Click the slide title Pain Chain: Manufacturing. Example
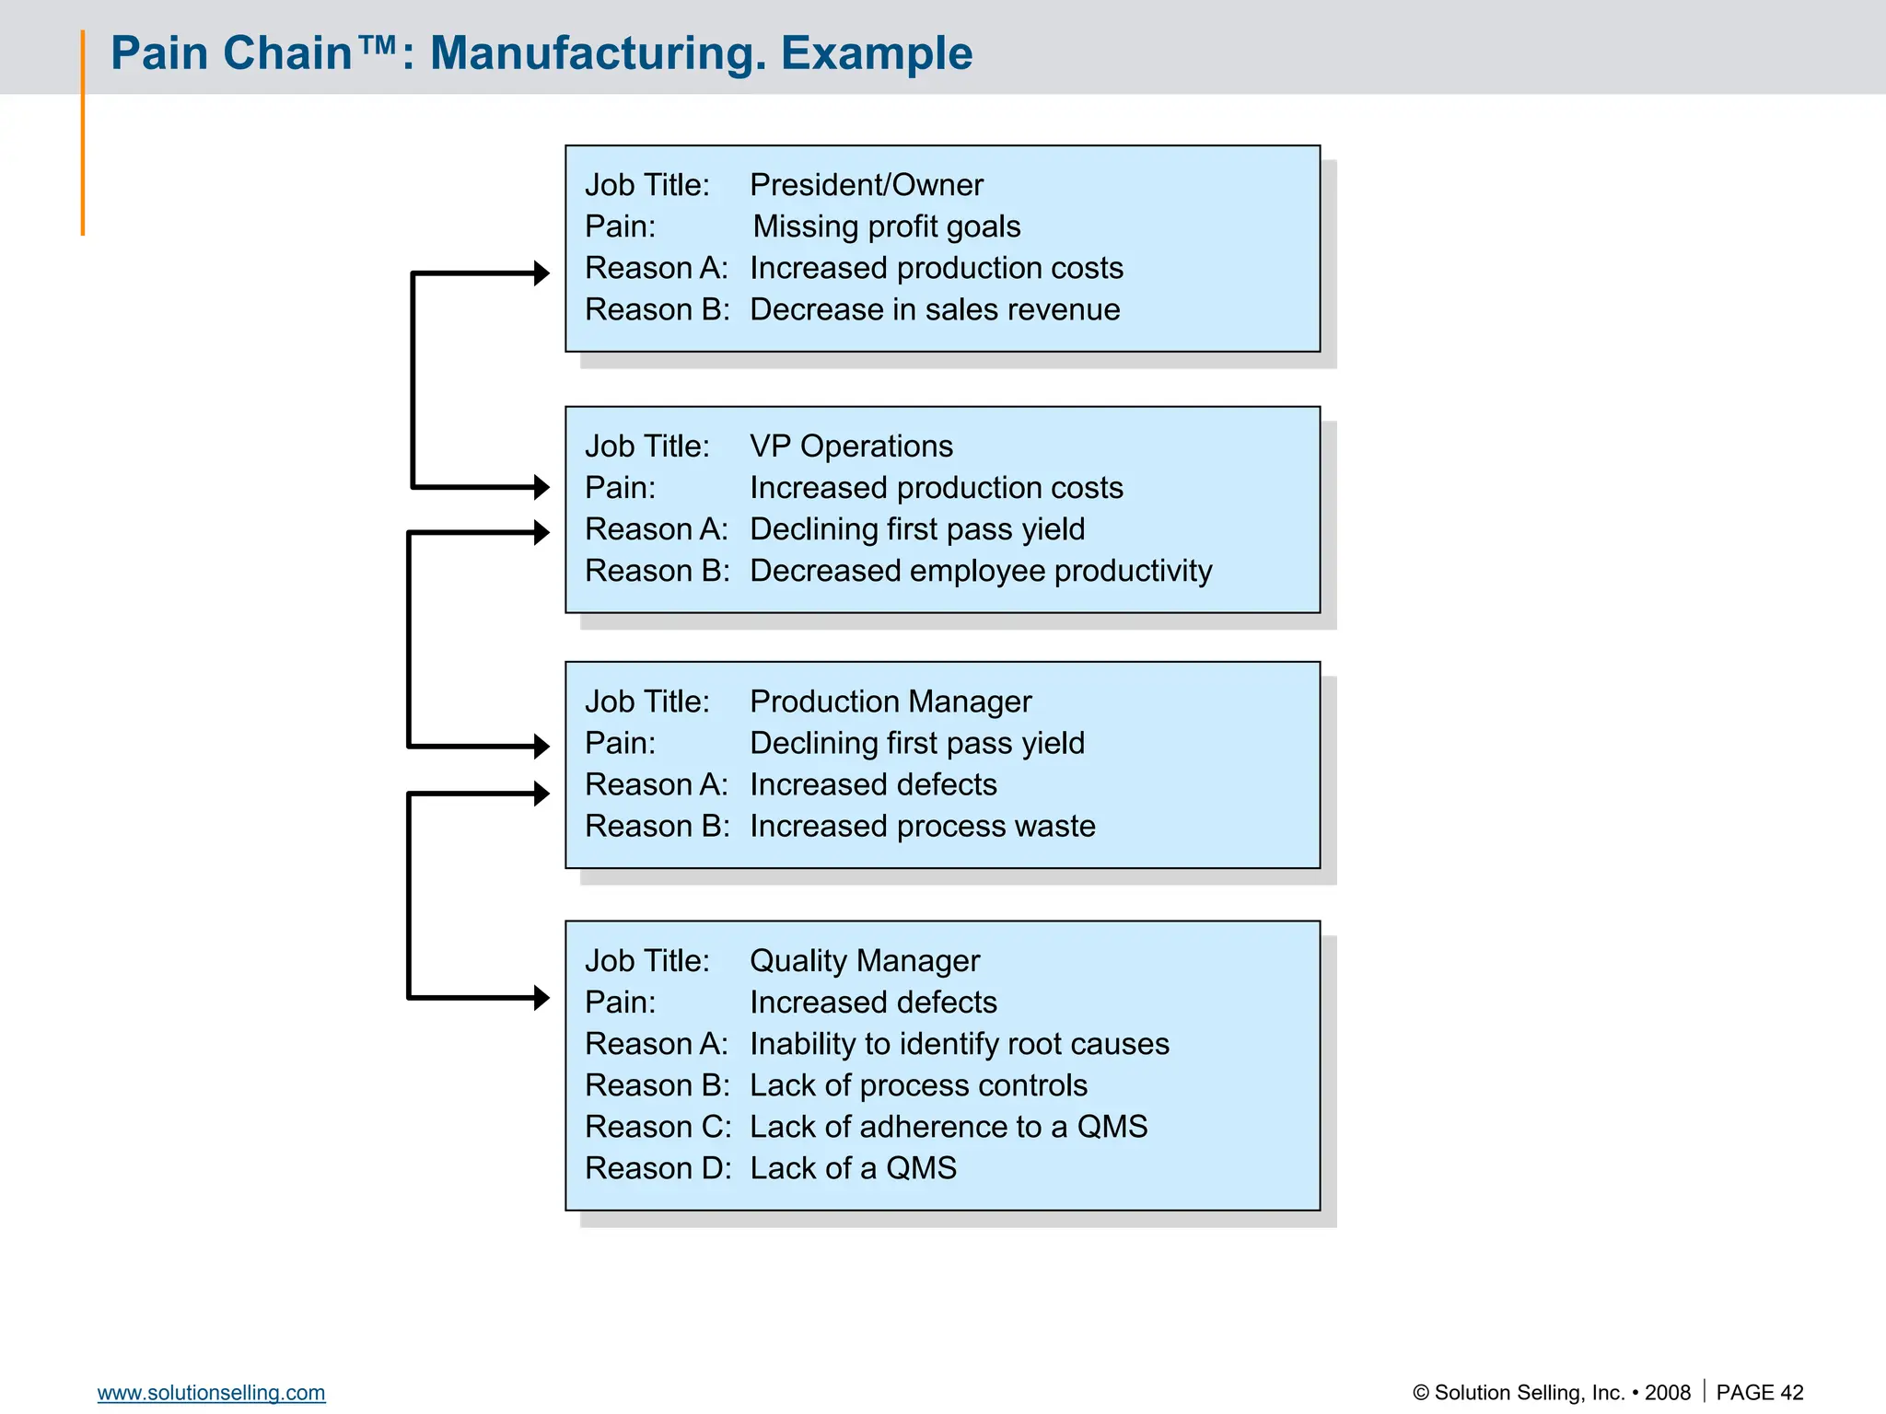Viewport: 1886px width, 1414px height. click(541, 53)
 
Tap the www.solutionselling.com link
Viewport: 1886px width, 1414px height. click(211, 1393)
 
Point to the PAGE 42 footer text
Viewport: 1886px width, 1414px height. click(1759, 1393)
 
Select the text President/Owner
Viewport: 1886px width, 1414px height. click(866, 185)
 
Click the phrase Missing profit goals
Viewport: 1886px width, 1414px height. click(886, 226)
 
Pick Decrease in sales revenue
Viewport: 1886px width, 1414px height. click(934, 309)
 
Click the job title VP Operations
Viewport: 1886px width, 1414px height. click(851, 446)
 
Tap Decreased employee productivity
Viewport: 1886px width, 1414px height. click(980, 571)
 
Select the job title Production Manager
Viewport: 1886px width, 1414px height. click(890, 701)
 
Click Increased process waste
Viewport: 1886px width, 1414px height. click(922, 826)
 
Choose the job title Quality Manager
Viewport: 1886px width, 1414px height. click(864, 961)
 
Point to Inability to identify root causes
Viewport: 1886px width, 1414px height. click(959, 1044)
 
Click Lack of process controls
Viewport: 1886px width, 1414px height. click(917, 1085)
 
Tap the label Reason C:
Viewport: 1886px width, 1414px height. click(658, 1127)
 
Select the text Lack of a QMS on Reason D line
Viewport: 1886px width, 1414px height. click(853, 1168)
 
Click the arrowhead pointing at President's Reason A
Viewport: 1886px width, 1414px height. click(541, 273)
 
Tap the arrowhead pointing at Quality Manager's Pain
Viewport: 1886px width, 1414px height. click(541, 998)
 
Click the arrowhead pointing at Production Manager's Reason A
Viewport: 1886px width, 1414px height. click(541, 794)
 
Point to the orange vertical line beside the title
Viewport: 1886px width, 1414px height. click(83, 133)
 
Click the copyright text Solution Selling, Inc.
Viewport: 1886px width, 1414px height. click(1529, 1393)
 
